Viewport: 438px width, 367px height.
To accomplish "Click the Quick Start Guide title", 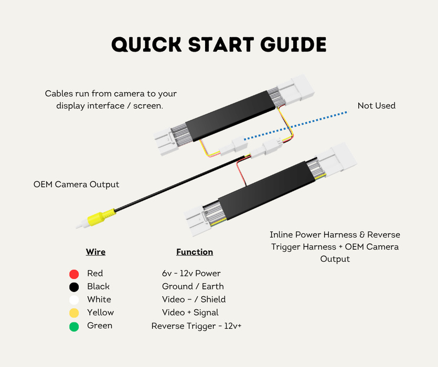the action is tap(219, 45).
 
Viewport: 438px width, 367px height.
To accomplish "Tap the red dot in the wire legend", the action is tap(74, 274).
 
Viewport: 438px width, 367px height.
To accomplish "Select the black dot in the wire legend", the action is tap(74, 287).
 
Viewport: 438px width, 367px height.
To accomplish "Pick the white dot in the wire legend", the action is tap(74, 300).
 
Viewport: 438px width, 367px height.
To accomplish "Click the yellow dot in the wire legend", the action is tap(74, 313).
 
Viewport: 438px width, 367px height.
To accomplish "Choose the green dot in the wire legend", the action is tap(74, 327).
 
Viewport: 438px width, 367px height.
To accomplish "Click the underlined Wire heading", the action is tap(95, 252).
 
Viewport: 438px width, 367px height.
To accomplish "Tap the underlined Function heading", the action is tap(195, 252).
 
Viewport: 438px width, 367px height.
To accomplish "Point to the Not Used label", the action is tap(377, 105).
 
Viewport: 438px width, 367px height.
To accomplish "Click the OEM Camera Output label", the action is tap(76, 185).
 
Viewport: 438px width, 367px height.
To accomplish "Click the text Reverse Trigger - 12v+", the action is tap(196, 326).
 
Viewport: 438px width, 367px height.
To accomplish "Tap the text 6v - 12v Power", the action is tap(191, 273).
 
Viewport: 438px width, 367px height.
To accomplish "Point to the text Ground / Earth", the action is tap(193, 286).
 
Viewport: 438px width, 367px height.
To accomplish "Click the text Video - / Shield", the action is tap(194, 299).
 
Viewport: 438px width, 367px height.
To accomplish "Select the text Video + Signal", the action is tap(190, 312).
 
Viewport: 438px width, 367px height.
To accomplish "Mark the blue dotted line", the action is tap(296, 126).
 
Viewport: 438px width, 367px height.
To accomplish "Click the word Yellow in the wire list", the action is tap(101, 312).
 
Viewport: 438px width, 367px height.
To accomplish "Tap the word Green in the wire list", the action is tap(100, 326).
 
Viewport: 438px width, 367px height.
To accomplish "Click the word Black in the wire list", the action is tap(98, 286).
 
